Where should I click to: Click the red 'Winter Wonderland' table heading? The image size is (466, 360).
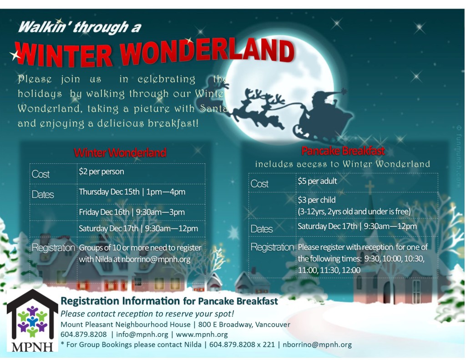click(120, 152)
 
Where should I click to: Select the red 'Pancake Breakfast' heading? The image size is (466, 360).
click(343, 151)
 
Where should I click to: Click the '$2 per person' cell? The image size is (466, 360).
click(101, 172)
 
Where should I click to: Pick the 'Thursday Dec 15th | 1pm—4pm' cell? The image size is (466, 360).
click(132, 192)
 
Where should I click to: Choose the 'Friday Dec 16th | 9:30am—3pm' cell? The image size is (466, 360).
click(132, 212)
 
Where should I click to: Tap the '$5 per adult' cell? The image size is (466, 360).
click(317, 181)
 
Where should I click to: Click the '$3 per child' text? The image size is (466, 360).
click(316, 200)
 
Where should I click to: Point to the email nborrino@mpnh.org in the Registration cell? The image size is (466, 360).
click(158, 259)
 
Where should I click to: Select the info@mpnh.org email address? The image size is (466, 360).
click(142, 335)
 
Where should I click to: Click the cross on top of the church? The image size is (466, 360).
click(369, 187)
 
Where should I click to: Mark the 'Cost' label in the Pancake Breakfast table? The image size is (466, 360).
click(259, 184)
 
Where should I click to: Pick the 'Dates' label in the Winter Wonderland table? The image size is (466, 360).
click(43, 195)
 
